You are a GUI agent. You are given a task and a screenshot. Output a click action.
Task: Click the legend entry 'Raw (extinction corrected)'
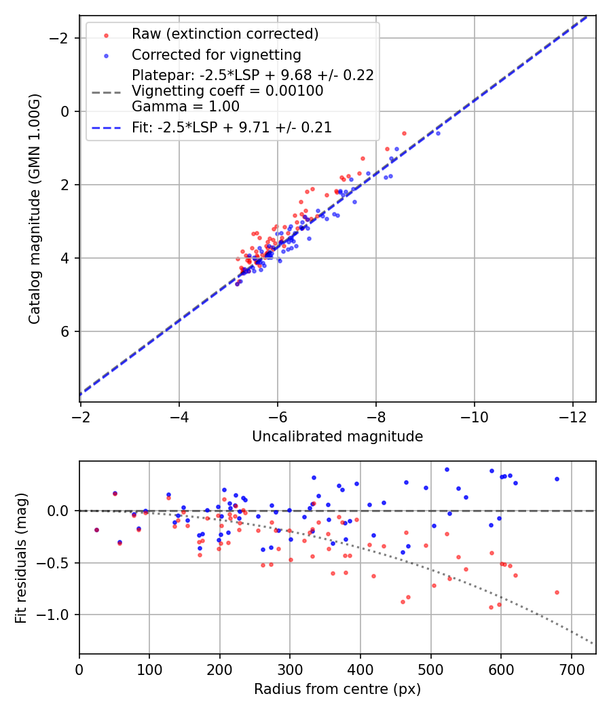(x=225, y=34)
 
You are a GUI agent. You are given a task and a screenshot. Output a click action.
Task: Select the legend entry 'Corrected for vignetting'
(x=216, y=54)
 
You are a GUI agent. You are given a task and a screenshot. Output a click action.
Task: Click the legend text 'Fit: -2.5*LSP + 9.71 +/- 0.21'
(x=232, y=128)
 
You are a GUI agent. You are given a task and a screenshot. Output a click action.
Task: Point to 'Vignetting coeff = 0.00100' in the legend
(x=227, y=91)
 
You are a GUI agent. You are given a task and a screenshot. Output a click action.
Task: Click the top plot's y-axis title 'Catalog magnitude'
(x=35, y=209)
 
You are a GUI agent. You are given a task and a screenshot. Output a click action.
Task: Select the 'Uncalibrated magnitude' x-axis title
(x=337, y=437)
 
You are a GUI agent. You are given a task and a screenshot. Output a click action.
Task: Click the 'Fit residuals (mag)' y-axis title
(x=21, y=557)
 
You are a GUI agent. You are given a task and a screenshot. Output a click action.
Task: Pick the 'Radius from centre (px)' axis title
(x=337, y=689)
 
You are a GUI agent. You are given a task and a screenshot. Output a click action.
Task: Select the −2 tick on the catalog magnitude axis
(x=62, y=38)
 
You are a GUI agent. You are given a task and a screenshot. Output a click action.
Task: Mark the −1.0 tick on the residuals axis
(x=57, y=615)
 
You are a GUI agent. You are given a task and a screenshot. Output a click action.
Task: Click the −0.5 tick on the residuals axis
(x=57, y=563)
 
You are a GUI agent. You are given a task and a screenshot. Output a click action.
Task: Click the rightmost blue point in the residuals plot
(x=557, y=479)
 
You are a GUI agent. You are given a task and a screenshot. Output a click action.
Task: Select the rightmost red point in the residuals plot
(x=557, y=592)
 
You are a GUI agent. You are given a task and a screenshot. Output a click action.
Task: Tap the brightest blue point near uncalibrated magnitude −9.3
(x=438, y=133)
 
